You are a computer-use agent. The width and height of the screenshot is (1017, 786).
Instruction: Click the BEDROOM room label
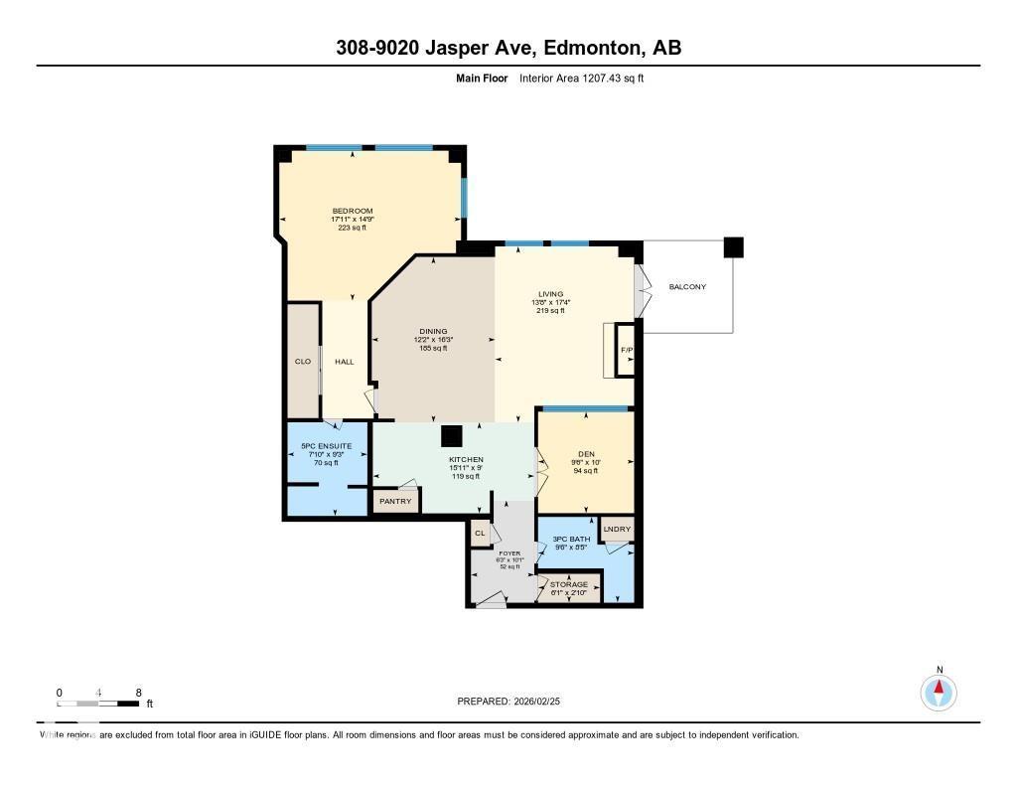tap(352, 211)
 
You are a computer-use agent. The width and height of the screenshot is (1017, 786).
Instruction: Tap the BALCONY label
tap(687, 287)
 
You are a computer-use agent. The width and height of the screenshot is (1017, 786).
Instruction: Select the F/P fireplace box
tap(626, 351)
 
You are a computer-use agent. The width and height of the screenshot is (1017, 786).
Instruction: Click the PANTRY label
tap(394, 502)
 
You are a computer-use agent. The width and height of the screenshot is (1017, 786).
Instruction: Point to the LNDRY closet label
tap(617, 529)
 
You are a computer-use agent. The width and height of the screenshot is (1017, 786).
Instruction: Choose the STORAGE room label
tap(569, 584)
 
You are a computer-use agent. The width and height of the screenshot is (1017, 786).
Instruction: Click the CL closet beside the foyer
tap(480, 534)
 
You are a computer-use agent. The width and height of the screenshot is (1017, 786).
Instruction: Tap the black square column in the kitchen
tap(452, 436)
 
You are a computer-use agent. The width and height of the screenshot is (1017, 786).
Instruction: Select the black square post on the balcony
tap(733, 247)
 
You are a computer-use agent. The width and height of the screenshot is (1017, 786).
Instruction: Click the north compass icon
tap(938, 691)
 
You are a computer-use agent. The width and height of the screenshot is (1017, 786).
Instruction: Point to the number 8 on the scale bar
tap(139, 693)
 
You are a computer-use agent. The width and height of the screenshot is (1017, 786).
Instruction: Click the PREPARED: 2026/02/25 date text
tap(514, 702)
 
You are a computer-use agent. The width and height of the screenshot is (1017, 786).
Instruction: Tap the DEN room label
tap(585, 454)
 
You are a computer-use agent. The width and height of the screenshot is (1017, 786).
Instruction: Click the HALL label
tap(344, 362)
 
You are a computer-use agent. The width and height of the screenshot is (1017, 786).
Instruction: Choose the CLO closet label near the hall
tap(303, 362)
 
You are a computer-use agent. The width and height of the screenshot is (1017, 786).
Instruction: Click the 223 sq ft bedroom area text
tap(352, 228)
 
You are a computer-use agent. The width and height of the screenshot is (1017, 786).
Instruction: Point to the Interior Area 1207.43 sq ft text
tap(581, 78)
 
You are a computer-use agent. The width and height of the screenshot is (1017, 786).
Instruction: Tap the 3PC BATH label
tap(569, 539)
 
